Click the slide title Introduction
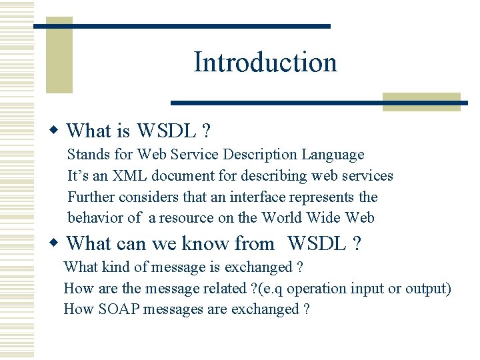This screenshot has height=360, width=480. [x=265, y=62]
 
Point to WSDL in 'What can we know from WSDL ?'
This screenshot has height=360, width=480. [x=316, y=244]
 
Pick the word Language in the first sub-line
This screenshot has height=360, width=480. [x=333, y=155]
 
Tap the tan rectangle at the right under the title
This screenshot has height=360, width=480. [x=421, y=101]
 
